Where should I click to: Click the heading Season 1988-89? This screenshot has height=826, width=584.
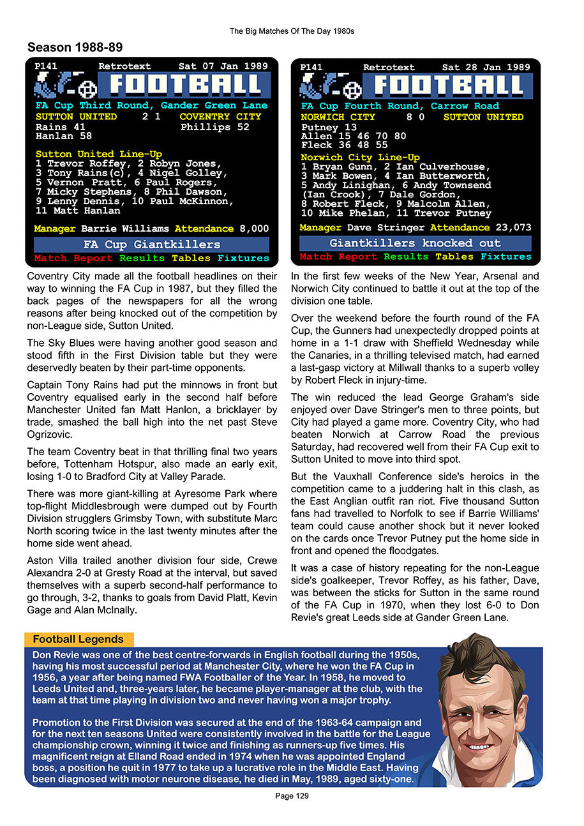point(75,47)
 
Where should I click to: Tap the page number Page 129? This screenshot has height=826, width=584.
point(292,796)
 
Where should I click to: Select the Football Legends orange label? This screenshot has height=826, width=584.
point(79,639)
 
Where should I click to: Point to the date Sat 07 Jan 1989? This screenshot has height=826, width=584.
point(223,66)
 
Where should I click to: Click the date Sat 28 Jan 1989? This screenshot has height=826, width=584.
point(486,67)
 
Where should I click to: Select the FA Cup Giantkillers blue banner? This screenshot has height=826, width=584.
point(151,244)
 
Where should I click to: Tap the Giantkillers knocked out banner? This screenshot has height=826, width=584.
point(415,243)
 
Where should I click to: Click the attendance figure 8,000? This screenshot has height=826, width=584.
point(254,229)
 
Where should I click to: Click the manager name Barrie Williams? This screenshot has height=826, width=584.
point(125,229)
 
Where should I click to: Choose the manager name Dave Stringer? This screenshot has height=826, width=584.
point(386,227)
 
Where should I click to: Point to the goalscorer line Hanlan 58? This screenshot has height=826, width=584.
point(64,136)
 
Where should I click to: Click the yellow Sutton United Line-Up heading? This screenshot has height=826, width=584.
point(99,154)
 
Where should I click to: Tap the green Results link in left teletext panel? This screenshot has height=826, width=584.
point(142,258)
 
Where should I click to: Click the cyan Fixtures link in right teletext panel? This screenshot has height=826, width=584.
point(505,257)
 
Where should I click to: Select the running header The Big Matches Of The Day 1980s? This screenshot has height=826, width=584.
point(292,31)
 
